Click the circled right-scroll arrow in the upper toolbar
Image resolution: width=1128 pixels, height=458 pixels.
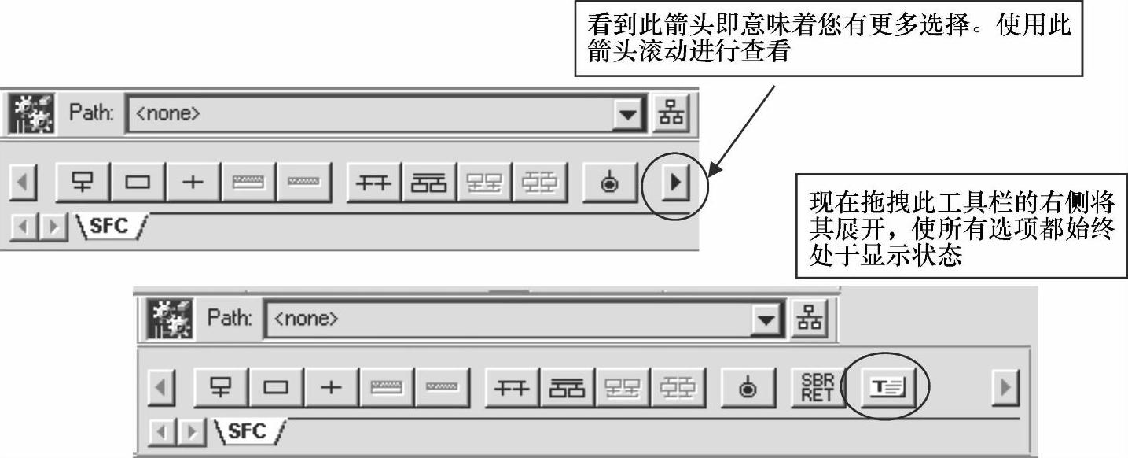[x=674, y=184]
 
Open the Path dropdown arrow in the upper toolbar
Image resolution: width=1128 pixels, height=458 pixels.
[x=627, y=114]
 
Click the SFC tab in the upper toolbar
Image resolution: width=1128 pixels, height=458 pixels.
[x=110, y=226]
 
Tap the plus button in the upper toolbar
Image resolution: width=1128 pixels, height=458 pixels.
[x=193, y=184]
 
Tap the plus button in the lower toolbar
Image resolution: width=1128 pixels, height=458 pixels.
[x=331, y=387]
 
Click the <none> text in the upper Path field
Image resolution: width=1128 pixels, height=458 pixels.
[x=168, y=113]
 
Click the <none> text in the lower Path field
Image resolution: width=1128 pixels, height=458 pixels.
[x=307, y=319]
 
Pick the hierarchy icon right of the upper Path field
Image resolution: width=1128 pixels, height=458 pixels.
[x=671, y=113]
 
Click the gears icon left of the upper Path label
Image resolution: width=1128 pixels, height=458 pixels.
[x=31, y=114]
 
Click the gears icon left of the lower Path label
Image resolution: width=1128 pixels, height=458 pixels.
[x=169, y=319]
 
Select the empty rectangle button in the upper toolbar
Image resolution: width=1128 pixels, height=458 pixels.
[x=138, y=184]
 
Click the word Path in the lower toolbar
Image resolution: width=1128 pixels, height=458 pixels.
[x=230, y=319]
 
